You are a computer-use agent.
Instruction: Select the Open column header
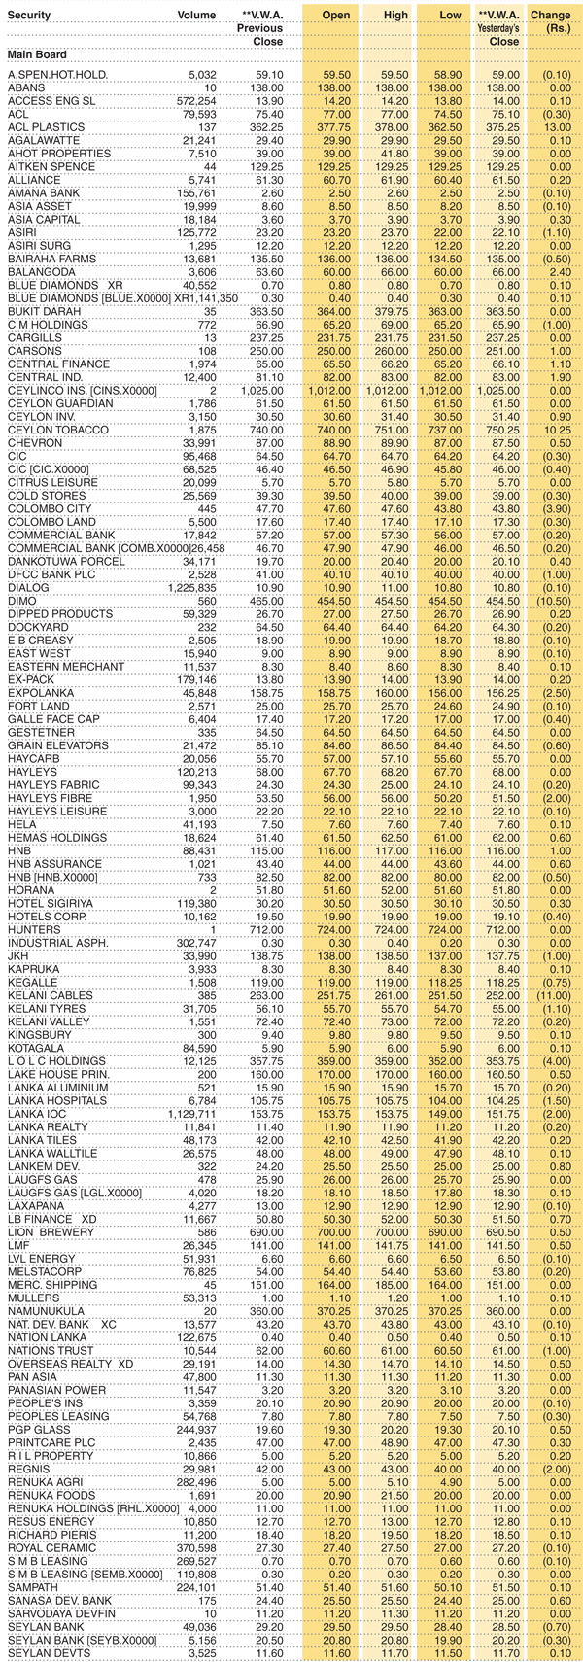[x=336, y=16]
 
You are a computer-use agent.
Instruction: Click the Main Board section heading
[x=37, y=54]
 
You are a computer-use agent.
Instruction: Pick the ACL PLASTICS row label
[x=46, y=127]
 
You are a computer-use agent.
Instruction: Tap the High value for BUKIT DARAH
[x=394, y=312]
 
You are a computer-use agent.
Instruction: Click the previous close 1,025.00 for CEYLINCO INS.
[x=261, y=391]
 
